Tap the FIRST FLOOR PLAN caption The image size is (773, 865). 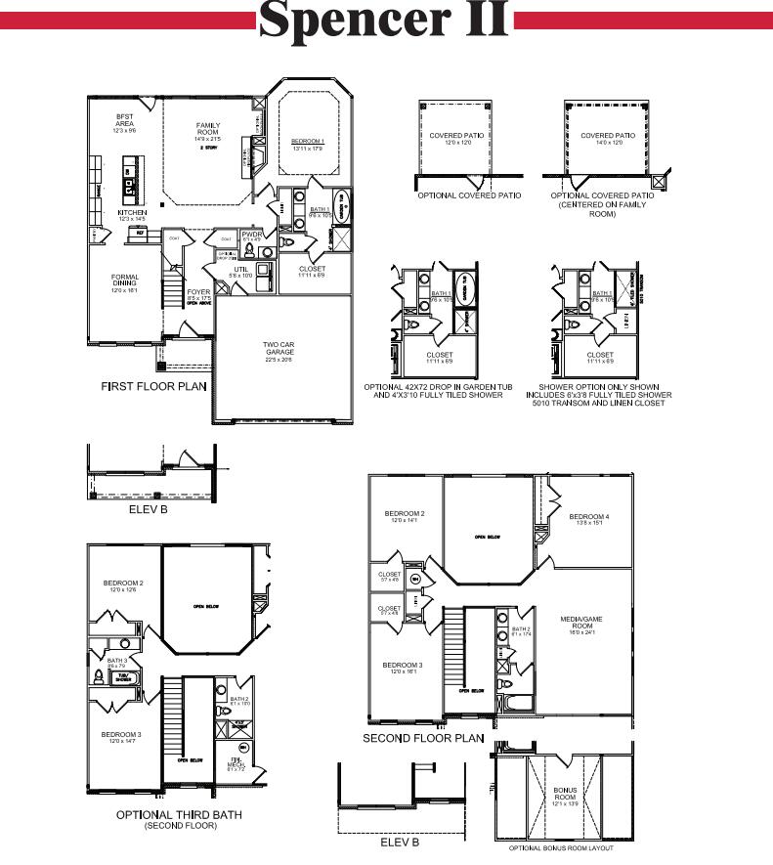[x=153, y=387]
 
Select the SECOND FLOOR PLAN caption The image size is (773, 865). [x=423, y=739]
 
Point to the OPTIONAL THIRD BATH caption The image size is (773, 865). [x=179, y=814]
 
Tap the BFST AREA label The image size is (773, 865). [x=124, y=120]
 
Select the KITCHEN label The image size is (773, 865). [x=133, y=212]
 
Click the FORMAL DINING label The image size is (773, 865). [x=125, y=281]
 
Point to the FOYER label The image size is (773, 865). [x=199, y=292]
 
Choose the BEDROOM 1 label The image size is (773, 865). [x=308, y=143]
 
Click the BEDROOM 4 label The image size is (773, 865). [x=589, y=516]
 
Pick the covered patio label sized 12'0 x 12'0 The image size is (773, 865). [x=451, y=136]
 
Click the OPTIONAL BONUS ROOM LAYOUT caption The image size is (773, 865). [x=561, y=848]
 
